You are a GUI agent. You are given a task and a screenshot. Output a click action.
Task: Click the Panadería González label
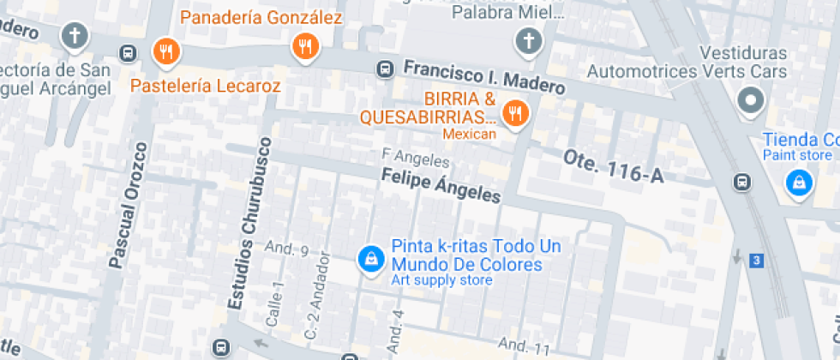click(261, 17)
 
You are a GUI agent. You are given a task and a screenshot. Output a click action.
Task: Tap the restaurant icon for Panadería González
click(305, 46)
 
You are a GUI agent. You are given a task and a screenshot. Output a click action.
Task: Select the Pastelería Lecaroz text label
click(205, 86)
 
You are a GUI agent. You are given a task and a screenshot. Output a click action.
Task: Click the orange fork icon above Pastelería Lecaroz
click(165, 52)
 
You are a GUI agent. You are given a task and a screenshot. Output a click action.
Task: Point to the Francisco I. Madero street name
click(484, 77)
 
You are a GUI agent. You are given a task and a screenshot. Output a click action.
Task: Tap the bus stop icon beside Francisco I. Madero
click(386, 69)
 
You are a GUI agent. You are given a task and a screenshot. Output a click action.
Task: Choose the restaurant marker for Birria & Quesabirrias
click(515, 111)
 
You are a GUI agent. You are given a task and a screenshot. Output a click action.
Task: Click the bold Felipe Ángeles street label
click(441, 184)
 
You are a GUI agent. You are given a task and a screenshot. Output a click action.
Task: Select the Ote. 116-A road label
click(614, 165)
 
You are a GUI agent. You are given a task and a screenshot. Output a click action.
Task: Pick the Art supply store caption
click(441, 280)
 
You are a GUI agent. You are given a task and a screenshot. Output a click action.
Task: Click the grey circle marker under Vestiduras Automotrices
click(752, 101)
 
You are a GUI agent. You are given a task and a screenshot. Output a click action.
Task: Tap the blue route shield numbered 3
click(755, 260)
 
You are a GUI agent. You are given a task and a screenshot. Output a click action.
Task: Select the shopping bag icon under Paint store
click(799, 182)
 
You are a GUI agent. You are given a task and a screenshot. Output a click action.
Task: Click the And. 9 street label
click(286, 250)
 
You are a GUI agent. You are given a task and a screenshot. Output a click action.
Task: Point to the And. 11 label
click(524, 347)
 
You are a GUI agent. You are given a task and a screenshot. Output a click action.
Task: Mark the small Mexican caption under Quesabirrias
click(469, 134)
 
